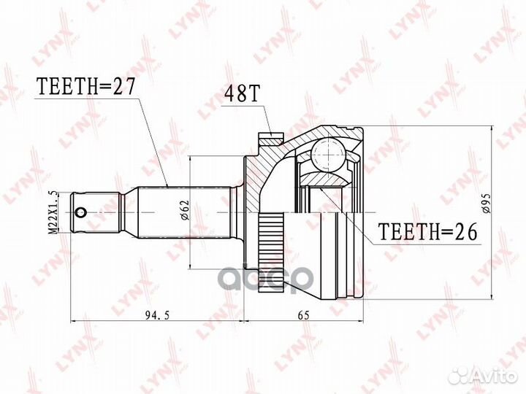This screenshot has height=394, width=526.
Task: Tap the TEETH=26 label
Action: click(x=427, y=232)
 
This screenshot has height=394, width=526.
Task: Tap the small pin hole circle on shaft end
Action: click(x=81, y=213)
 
